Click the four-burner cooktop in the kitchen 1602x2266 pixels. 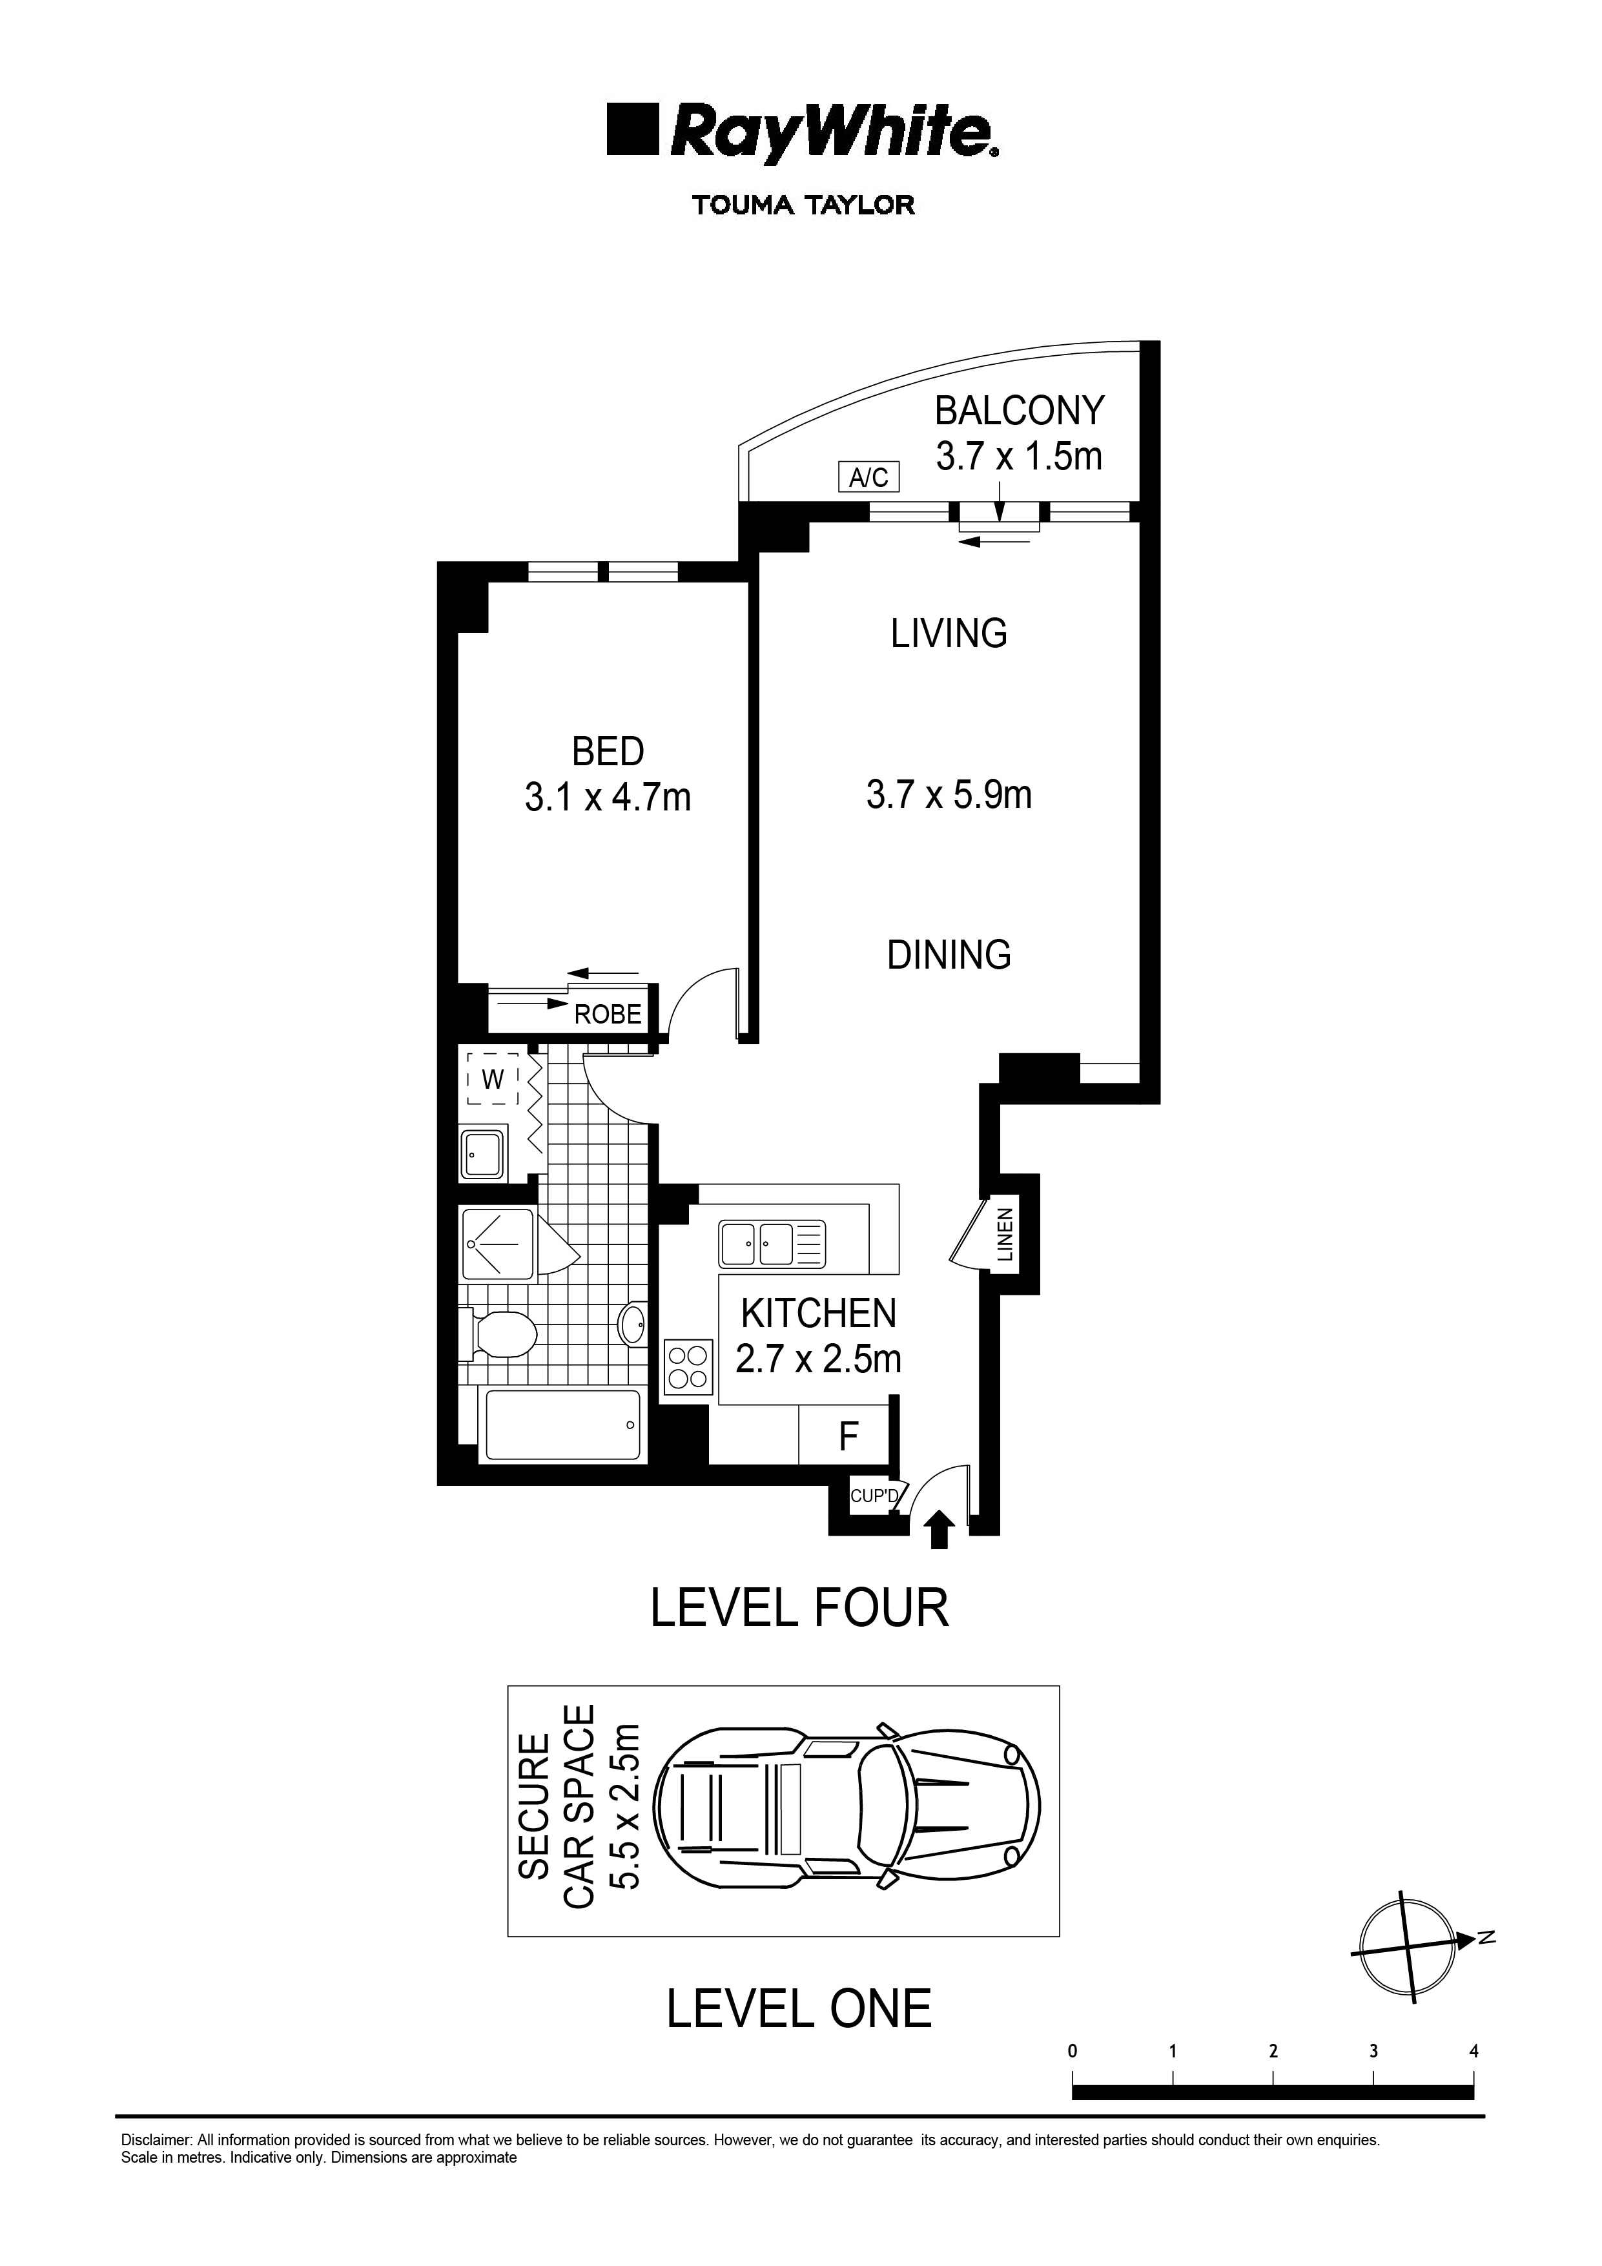pos(689,1366)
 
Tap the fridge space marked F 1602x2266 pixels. pos(848,1437)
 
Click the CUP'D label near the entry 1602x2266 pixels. pos(874,1497)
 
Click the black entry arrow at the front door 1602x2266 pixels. pos(939,1530)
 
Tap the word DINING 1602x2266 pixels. pos(949,954)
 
